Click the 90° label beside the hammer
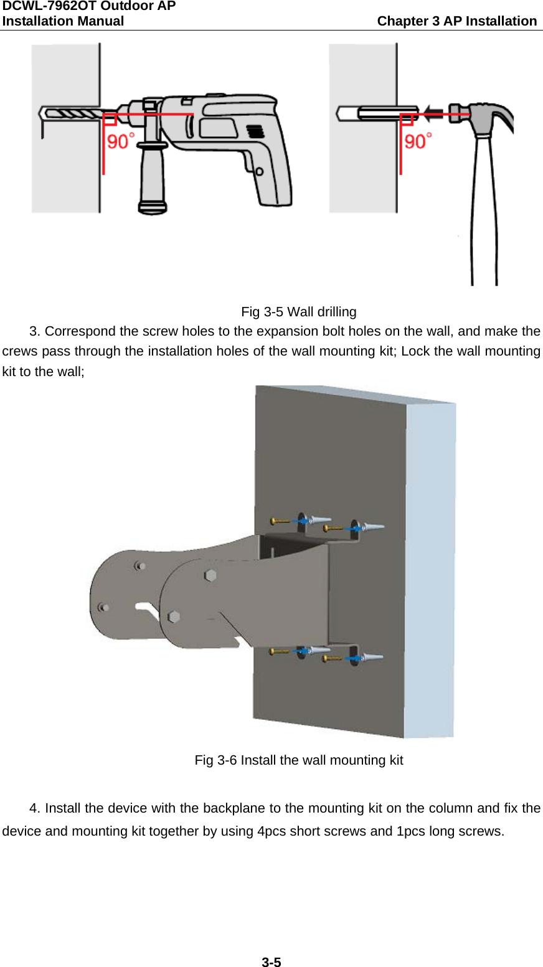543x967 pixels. pyautogui.click(x=418, y=141)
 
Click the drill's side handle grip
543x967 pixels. pyautogui.click(x=152, y=177)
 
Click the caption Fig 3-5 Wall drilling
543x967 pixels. pyautogui.click(x=298, y=312)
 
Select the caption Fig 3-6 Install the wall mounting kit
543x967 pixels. pyautogui.click(x=298, y=760)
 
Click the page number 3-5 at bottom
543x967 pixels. pyautogui.click(x=271, y=962)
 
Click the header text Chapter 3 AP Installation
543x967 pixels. pyautogui.click(x=456, y=21)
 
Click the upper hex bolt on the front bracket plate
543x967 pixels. pyautogui.click(x=210, y=575)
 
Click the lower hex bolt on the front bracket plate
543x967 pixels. pyautogui.click(x=174, y=616)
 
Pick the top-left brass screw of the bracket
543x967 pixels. pyautogui.click(x=280, y=521)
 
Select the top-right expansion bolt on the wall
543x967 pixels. pyautogui.click(x=374, y=527)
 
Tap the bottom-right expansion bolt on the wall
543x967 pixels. pyautogui.click(x=372, y=657)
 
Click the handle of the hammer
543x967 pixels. pyautogui.click(x=484, y=212)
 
